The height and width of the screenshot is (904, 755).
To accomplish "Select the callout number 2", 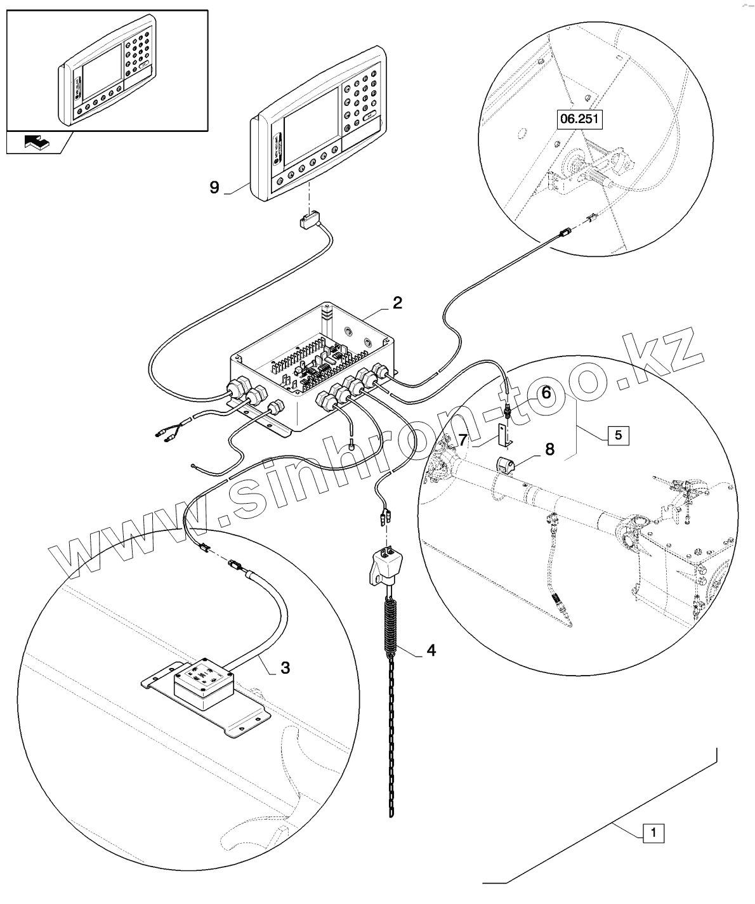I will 397,302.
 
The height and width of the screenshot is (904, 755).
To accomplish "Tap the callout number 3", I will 286,667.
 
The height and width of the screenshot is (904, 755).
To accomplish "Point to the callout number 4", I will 431,650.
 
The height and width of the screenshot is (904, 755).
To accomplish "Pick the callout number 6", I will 545,393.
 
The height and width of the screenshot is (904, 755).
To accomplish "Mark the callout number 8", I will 549,450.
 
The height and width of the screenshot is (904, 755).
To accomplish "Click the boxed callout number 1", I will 654,832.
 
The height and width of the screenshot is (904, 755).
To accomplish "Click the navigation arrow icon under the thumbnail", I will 36,142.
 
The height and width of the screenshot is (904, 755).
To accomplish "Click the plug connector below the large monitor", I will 309,222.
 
